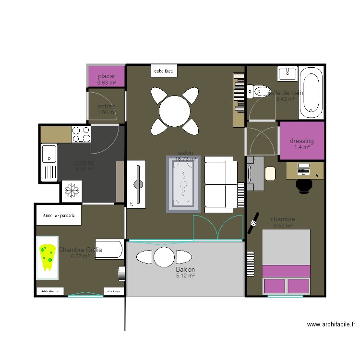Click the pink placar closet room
[x=107, y=77]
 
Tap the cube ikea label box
[x=163, y=71]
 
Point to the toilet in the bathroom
[x=259, y=91]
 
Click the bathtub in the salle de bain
[x=311, y=93]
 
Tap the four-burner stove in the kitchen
[x=81, y=134]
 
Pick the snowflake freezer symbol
[x=72, y=191]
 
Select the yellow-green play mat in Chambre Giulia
[x=48, y=253]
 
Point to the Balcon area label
[x=185, y=270]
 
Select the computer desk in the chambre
[x=305, y=170]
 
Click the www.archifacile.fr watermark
[x=331, y=324]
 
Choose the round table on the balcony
[x=164, y=257]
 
